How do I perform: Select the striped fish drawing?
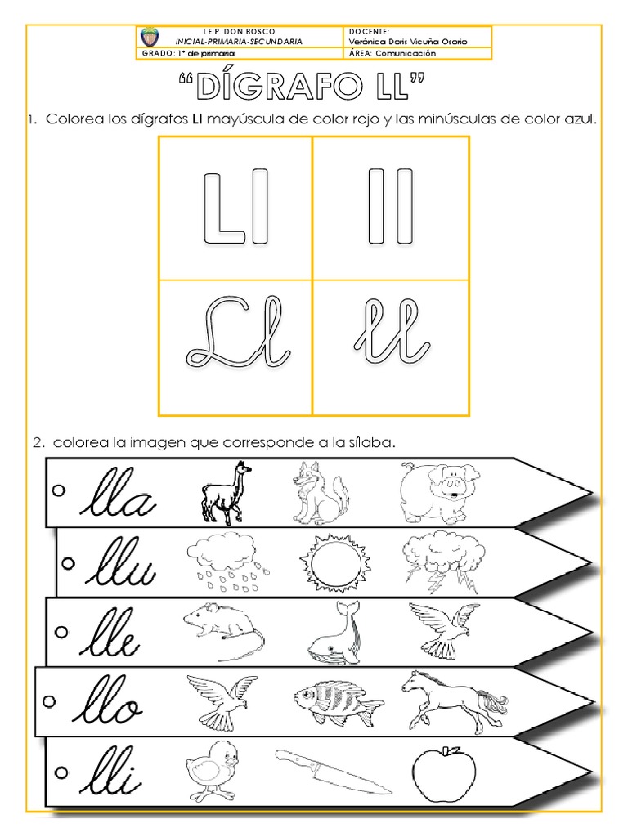click(x=335, y=701)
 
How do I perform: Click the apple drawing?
click(x=444, y=773)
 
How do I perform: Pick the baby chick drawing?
click(x=211, y=772)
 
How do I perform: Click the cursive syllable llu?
click(x=120, y=563)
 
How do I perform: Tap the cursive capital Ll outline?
click(x=237, y=334)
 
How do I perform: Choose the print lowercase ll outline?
click(x=389, y=205)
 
